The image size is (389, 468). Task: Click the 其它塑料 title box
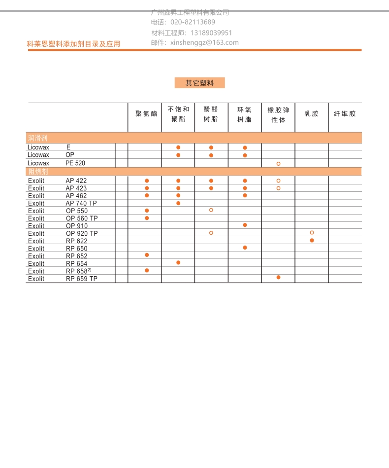199,83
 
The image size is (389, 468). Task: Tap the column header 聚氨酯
146,113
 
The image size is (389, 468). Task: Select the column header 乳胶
311,113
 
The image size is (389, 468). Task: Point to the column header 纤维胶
345,113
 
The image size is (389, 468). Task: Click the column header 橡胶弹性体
278,114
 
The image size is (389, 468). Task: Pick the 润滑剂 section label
37,138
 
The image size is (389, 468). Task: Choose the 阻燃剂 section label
37,172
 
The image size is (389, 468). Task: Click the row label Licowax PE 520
57,163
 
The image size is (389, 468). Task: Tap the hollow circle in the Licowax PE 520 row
278,163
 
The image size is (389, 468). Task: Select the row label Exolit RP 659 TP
63,279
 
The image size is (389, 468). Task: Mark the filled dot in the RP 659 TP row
278,278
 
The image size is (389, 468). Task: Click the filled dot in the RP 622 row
312,240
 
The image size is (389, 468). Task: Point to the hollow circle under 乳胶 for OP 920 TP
312,232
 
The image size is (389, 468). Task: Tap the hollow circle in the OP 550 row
211,210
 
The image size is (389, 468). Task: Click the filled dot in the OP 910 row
245,225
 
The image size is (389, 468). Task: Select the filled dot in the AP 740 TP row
178,203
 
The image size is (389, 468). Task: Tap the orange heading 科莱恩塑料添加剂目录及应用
73,44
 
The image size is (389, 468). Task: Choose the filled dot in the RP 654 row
178,263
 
